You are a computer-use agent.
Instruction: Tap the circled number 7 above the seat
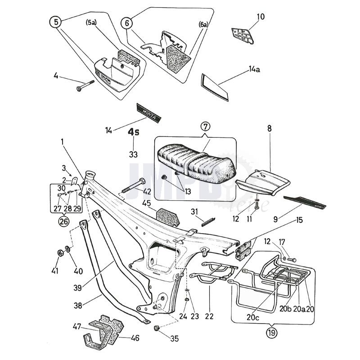coord(205,126)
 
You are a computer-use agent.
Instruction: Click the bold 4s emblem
coord(133,133)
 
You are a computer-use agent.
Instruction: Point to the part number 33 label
coord(133,154)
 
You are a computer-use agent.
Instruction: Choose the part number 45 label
coord(148,204)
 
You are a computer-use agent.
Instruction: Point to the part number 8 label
coord(270,128)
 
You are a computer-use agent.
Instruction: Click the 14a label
coord(254,70)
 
